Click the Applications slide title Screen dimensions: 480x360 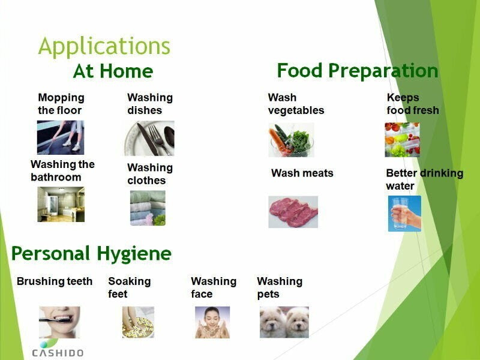[104, 47]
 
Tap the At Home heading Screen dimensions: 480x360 [113, 71]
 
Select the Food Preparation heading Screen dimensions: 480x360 [358, 71]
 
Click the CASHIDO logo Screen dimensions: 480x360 [58, 349]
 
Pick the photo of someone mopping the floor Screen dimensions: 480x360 [61, 137]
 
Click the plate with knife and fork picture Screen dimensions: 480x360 [149, 139]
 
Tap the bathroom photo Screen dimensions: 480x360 [61, 204]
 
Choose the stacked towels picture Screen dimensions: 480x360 [148, 208]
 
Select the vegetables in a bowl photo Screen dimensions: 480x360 [291, 140]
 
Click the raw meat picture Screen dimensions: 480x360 [293, 212]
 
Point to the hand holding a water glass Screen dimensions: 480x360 [404, 214]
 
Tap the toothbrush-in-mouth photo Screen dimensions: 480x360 [59, 322]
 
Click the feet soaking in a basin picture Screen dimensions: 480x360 [139, 322]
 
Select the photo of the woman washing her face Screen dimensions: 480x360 [212, 322]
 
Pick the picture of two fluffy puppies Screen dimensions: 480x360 [284, 322]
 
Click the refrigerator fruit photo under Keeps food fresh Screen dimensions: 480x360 [402, 140]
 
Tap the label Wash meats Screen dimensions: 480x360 [302, 173]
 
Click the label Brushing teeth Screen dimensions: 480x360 [55, 281]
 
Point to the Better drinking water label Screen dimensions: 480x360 [425, 179]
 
